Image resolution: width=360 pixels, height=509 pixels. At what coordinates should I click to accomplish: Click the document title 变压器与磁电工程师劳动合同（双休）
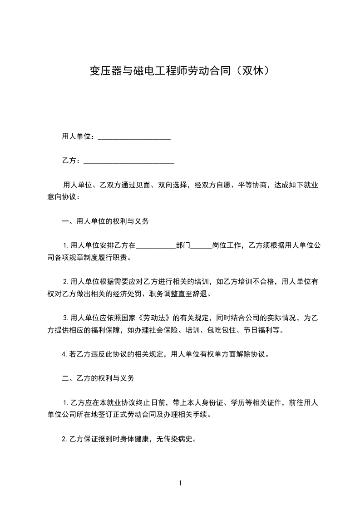tap(180, 71)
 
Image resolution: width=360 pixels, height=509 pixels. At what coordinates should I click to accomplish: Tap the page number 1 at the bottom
tap(180, 483)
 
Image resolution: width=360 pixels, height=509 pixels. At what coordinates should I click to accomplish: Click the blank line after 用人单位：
tap(134, 137)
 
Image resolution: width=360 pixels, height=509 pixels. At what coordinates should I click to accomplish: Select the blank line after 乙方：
tap(129, 161)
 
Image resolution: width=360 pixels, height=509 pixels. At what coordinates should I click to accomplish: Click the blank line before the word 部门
tap(156, 246)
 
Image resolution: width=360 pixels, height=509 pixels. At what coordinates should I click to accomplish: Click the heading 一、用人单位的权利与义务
tap(105, 222)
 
